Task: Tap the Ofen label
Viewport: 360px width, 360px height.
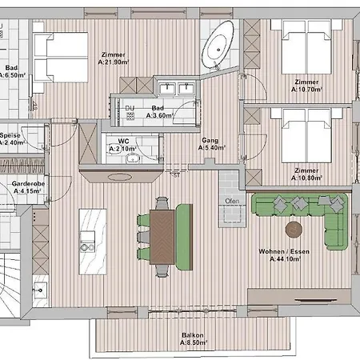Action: pyautogui.click(x=232, y=201)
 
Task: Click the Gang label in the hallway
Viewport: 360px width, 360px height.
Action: pyautogui.click(x=211, y=138)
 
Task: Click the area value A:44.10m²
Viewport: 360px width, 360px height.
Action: pyautogui.click(x=286, y=259)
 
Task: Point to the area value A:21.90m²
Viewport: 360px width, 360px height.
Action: pyautogui.click(x=114, y=61)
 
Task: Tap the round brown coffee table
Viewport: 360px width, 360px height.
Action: pyautogui.click(x=295, y=230)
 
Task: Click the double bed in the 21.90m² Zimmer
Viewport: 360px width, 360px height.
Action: pyautogui.click(x=56, y=60)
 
